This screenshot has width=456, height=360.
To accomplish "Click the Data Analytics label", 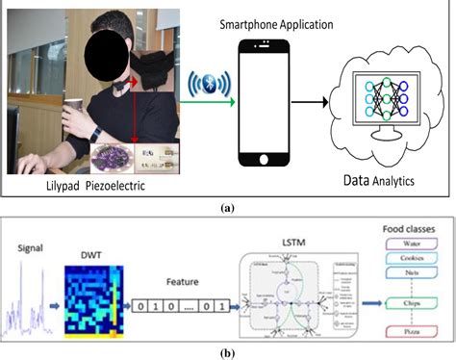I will (386, 181).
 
